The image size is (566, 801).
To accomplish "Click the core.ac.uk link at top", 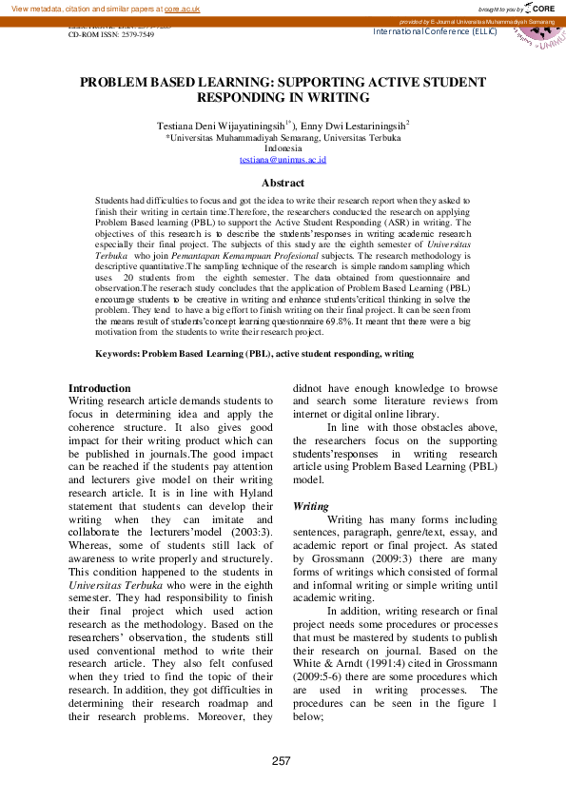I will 185,9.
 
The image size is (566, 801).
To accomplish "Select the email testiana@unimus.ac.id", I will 283,160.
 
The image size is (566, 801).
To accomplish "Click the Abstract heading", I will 283,183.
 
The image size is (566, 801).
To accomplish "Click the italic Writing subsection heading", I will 311,506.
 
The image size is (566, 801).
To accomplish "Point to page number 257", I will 282,761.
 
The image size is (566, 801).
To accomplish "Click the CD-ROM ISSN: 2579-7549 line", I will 107,33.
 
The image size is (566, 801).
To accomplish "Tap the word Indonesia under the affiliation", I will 283,148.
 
